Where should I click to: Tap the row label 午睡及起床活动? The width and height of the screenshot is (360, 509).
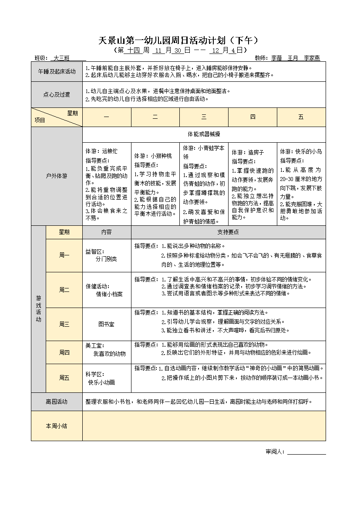coord(57,71)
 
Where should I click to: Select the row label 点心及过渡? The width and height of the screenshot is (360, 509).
coord(57,94)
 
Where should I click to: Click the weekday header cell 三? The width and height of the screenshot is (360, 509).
coord(204,117)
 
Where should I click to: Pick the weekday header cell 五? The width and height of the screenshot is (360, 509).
coord(301,117)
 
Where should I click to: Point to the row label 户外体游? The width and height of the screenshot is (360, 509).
coord(57,176)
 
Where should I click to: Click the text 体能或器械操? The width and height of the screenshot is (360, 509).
coord(204,134)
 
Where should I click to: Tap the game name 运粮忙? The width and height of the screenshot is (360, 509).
coord(110,151)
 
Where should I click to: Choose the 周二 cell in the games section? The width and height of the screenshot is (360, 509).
coord(64,290)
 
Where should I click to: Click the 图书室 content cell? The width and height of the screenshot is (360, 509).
coord(106,324)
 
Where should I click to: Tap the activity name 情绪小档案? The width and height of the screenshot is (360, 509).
coord(109,294)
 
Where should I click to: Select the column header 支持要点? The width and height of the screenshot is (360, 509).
coord(228,232)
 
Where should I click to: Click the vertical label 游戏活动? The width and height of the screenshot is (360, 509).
coord(38,309)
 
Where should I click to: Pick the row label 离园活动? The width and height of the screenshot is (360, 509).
coord(57,402)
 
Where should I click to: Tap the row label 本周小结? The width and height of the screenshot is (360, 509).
coord(57,426)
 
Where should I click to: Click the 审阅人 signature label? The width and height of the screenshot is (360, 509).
coord(275,452)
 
